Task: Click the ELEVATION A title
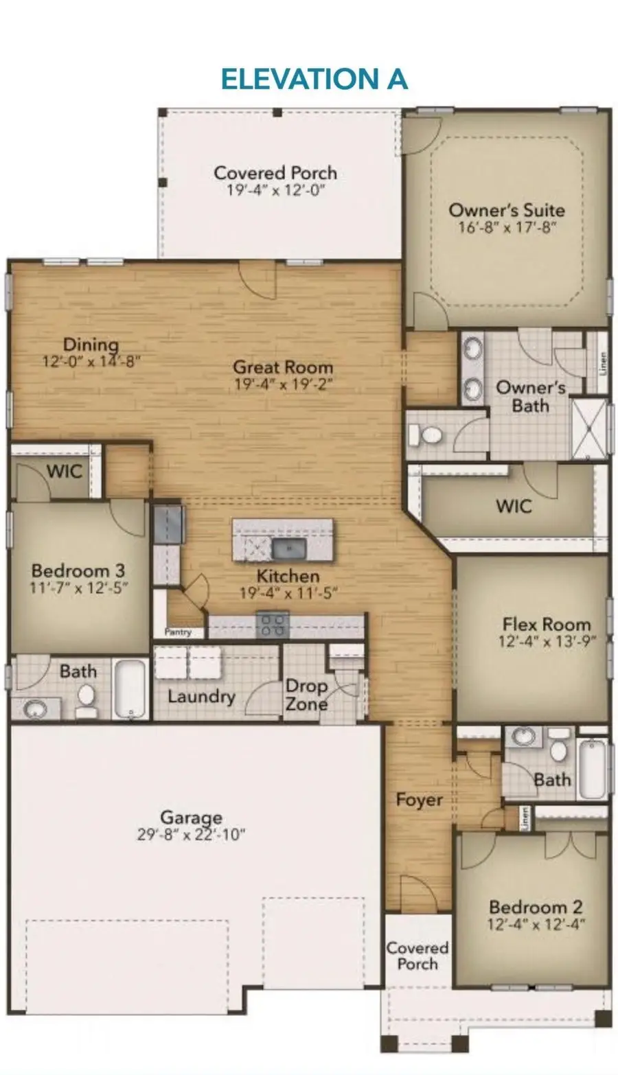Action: point(314,79)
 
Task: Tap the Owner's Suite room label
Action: point(507,210)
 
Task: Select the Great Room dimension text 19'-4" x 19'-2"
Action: point(283,384)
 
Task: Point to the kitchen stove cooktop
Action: point(273,625)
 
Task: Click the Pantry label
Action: point(178,632)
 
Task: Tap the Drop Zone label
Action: point(306,695)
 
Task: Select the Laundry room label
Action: point(201,697)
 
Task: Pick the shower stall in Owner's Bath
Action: point(590,428)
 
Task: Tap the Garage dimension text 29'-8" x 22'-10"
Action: point(191,834)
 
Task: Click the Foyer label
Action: point(419,800)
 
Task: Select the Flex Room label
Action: point(547,624)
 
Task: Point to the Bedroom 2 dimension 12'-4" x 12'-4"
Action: point(536,924)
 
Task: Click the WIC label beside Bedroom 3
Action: point(65,472)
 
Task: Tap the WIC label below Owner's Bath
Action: point(514,506)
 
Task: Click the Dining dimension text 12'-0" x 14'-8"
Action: point(92,361)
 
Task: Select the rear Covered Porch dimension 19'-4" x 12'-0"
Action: point(275,189)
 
